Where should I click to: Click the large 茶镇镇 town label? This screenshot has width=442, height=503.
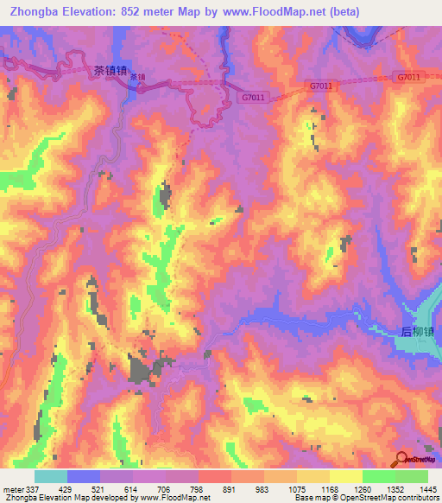109,72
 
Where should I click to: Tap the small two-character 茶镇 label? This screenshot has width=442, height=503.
137,77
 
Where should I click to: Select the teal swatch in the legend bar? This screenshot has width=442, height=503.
51,476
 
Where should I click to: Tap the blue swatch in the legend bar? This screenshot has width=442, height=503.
84,476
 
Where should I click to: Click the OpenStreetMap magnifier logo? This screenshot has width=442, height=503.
401,458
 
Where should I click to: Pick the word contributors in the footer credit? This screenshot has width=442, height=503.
418,498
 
